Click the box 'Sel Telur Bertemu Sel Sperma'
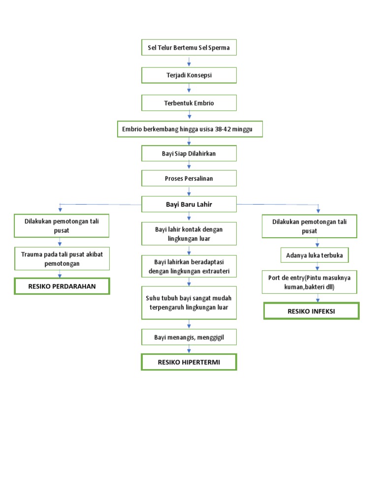189,48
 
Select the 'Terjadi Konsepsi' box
189,75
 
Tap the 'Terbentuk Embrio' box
189,103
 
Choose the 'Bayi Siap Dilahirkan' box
189,154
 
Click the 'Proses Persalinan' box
189,178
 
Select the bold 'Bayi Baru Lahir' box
189,204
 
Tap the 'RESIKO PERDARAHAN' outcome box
62,286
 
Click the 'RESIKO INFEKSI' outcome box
311,311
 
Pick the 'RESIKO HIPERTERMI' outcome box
189,362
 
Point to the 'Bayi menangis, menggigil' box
189,337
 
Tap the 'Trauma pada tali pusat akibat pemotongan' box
62,259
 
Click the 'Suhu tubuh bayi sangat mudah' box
189,303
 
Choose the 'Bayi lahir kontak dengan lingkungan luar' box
189,234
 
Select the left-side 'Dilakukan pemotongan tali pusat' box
62,226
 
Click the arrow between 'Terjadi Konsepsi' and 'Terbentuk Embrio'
189,89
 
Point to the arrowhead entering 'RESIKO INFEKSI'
318,299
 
